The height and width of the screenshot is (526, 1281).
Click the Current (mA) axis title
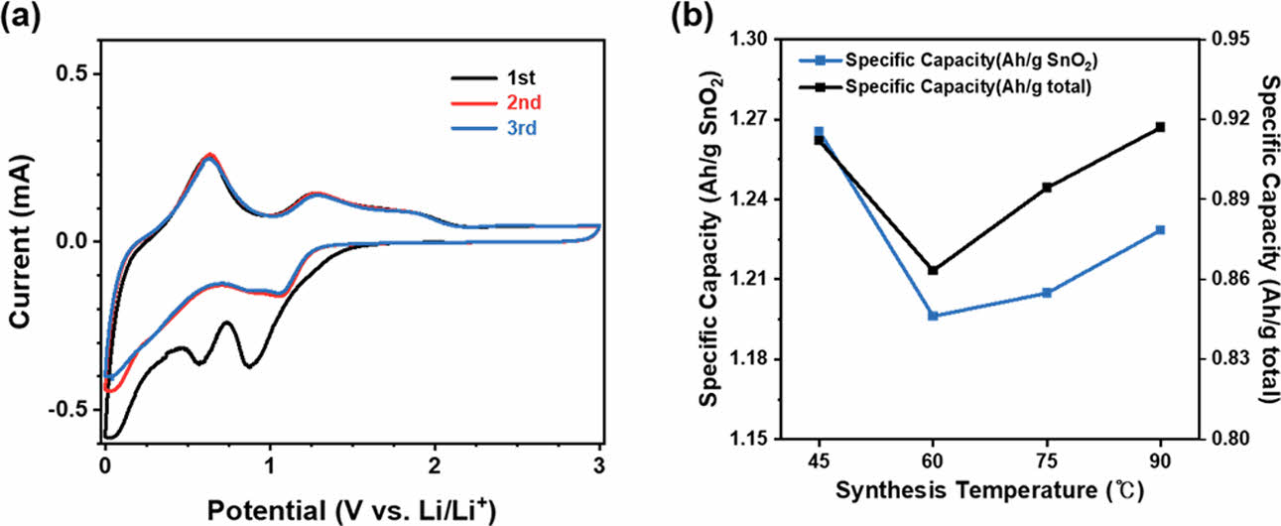pyautogui.click(x=20, y=240)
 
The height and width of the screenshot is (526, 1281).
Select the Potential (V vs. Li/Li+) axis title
pyautogui.click(x=351, y=508)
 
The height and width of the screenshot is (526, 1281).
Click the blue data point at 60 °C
pyautogui.click(x=933, y=316)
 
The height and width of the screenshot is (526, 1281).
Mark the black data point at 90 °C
pyautogui.click(x=1160, y=127)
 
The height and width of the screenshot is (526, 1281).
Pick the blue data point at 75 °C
pyautogui.click(x=1047, y=293)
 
